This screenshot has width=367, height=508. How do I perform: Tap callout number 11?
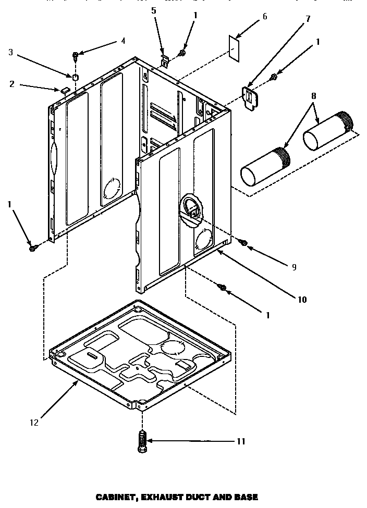tap(240, 441)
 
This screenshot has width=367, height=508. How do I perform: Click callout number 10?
tap(302, 299)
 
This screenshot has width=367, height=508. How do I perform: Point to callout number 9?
tap(294, 267)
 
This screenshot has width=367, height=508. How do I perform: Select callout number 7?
tap(308, 19)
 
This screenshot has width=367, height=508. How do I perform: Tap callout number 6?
tap(264, 17)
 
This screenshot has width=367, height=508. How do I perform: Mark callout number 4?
tap(123, 40)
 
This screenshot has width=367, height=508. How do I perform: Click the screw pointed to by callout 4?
tap(76, 55)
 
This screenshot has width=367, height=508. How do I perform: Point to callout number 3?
tap(10, 52)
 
